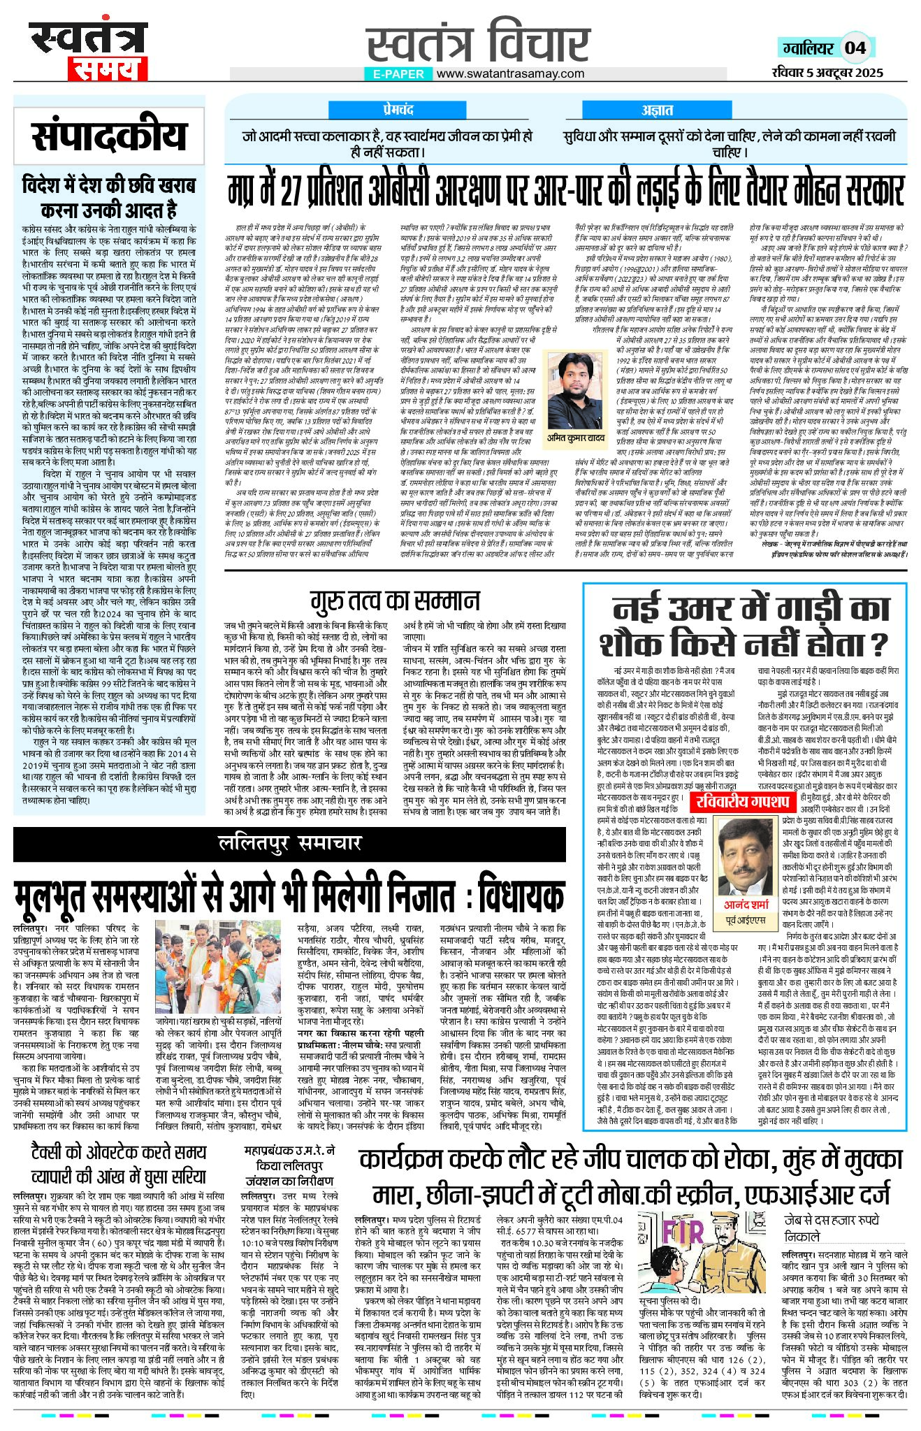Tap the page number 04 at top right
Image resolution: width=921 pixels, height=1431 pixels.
(855, 48)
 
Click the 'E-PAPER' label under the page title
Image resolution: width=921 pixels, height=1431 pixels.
(398, 73)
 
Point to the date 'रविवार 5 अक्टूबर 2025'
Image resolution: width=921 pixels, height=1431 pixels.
(827, 72)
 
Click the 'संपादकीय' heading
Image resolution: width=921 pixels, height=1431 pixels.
(109, 136)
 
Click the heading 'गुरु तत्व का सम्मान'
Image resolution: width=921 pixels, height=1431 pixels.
(396, 601)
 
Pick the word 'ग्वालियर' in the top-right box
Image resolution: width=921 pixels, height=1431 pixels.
(808, 48)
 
